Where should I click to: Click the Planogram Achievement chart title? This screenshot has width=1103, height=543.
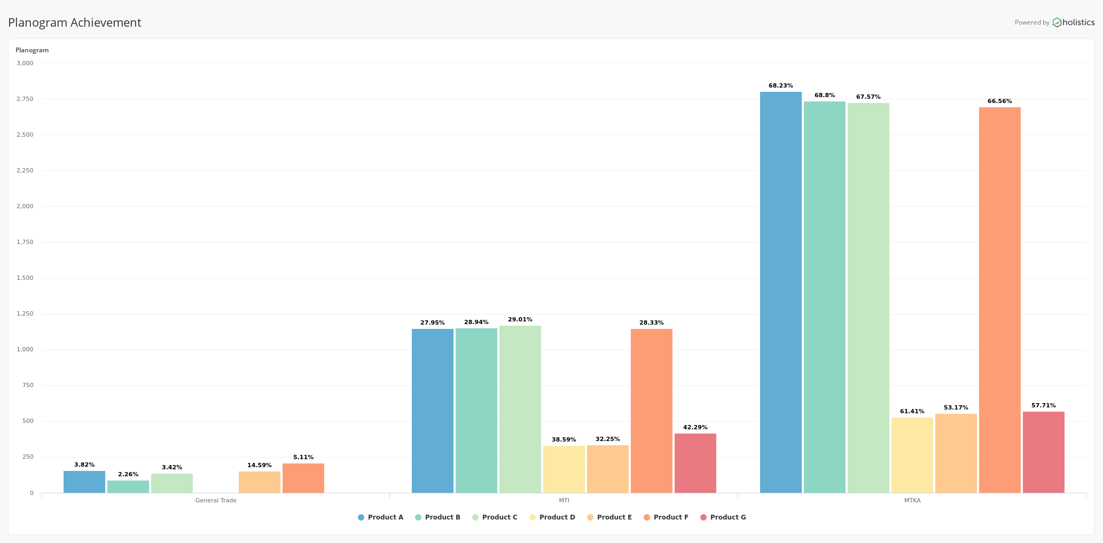pos(75,22)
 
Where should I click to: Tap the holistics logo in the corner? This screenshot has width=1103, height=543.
pos(1074,22)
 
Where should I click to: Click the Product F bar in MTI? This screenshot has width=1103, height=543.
pos(651,411)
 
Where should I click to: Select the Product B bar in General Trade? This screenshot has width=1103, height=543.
pos(128,487)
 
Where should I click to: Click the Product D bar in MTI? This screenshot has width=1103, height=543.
pos(564,469)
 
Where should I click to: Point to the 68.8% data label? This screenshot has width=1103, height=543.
pos(824,96)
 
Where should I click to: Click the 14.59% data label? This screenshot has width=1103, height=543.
pos(259,466)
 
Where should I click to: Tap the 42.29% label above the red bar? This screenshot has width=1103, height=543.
pos(695,428)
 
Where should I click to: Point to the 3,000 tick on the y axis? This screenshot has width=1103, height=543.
pos(25,63)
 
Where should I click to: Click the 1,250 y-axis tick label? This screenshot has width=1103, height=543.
pos(25,314)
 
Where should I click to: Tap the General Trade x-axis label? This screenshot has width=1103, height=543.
pos(216,501)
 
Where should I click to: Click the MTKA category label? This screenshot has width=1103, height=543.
pos(912,501)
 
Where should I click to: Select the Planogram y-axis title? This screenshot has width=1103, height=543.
pos(32,50)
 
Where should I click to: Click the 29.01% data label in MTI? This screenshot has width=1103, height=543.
pos(520,320)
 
